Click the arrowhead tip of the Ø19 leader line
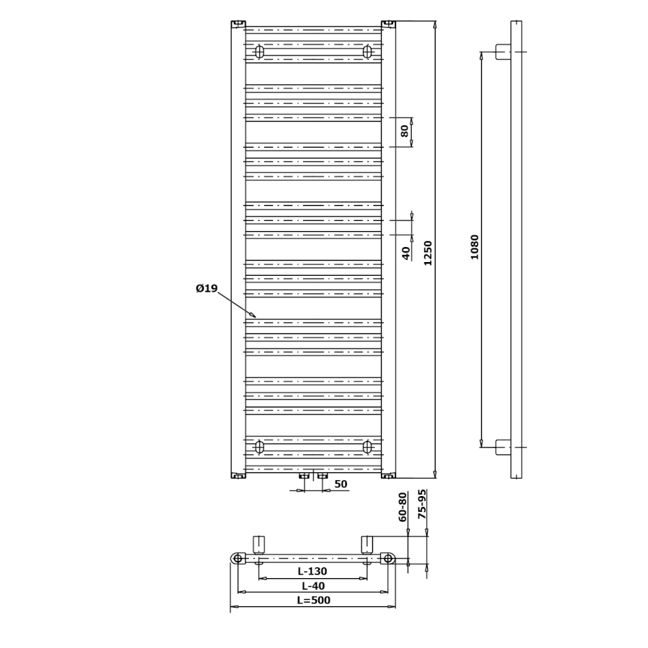(x=256, y=318)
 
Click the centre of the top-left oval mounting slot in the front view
(x=259, y=52)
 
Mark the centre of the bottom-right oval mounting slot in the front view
(x=367, y=447)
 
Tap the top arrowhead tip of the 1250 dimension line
(x=434, y=22)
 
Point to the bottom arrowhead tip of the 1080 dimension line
(x=482, y=447)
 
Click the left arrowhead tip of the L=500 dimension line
(x=230, y=607)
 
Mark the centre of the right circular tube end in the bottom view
(x=387, y=559)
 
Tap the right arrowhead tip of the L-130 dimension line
(x=367, y=579)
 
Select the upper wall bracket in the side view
(x=503, y=52)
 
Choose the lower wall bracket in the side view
(x=503, y=447)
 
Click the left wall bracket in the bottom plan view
(x=258, y=546)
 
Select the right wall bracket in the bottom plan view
(x=367, y=546)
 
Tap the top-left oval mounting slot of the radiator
(x=259, y=52)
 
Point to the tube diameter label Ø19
(x=207, y=288)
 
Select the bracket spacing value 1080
(x=474, y=247)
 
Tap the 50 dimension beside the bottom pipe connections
(x=341, y=484)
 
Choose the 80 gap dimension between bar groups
(x=405, y=130)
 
